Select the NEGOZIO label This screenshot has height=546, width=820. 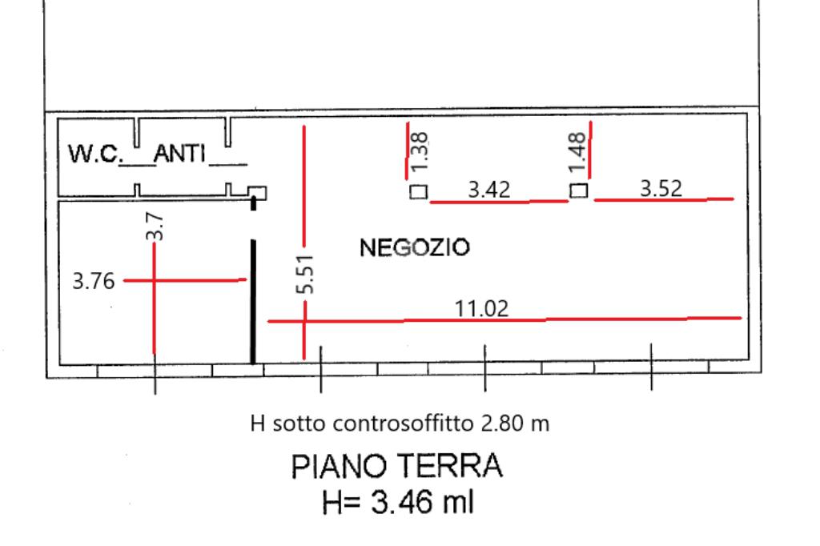click(415, 247)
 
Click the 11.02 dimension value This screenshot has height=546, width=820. click(482, 308)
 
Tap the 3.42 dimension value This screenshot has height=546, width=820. click(489, 190)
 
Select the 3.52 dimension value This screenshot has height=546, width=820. click(661, 187)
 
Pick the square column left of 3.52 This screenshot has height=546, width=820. click(578, 192)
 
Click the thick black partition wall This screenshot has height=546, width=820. click(254, 300)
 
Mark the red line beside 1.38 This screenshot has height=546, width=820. click(408, 151)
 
